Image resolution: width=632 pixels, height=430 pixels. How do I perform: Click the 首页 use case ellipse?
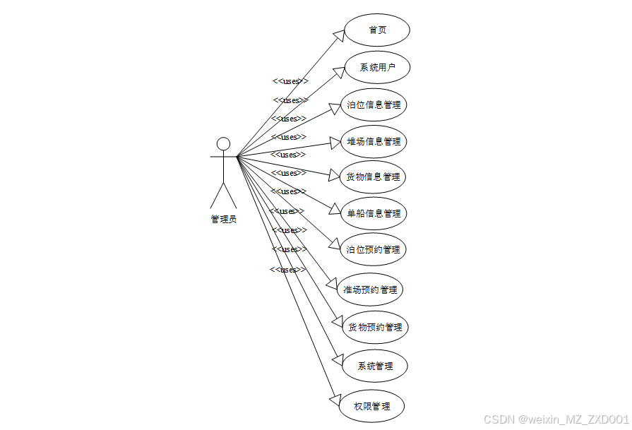click(x=377, y=30)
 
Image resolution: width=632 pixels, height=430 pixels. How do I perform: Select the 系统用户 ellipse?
click(x=377, y=68)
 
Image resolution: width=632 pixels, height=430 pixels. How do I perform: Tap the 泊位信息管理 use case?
click(x=374, y=105)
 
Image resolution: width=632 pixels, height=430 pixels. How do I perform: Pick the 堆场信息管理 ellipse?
click(x=374, y=141)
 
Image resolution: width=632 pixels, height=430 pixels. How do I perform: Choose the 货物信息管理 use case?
click(x=374, y=177)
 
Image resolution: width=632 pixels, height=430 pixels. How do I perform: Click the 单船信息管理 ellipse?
click(x=374, y=213)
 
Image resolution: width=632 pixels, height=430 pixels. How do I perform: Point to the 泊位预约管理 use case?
click(x=374, y=249)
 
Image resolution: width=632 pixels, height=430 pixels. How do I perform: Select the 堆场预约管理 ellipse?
click(x=370, y=289)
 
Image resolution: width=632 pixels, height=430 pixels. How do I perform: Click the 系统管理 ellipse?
click(x=375, y=366)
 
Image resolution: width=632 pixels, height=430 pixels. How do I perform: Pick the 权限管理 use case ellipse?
click(x=371, y=407)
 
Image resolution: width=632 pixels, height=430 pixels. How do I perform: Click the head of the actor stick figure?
click(x=223, y=144)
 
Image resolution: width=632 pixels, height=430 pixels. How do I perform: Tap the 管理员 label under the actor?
click(x=223, y=219)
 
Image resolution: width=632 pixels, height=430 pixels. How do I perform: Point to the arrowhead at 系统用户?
click(x=337, y=71)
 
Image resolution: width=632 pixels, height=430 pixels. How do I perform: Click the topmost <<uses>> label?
click(x=290, y=81)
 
